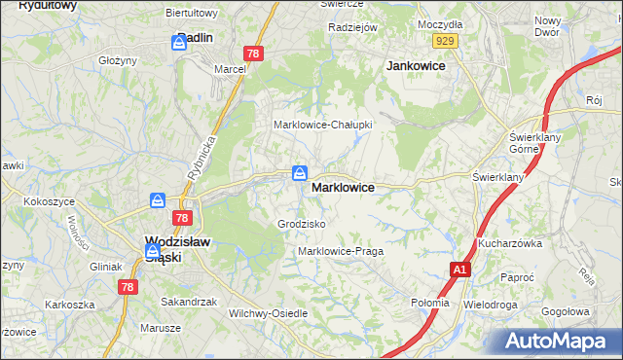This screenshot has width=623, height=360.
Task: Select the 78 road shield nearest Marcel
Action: [253, 54]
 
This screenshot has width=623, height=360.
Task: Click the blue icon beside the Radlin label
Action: [179, 43]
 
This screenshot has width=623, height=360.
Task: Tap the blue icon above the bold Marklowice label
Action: [300, 173]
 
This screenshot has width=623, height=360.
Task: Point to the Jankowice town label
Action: [416, 65]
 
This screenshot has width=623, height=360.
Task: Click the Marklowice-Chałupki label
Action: [323, 125]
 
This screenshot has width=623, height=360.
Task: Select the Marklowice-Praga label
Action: [341, 251]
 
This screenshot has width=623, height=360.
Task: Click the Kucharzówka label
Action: [509, 243]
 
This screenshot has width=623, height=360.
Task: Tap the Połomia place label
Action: [430, 302]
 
